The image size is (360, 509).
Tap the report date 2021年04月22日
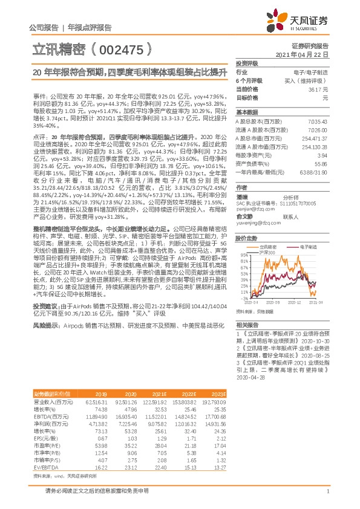(x=310, y=54)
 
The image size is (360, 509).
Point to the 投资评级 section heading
(x=247, y=63)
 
